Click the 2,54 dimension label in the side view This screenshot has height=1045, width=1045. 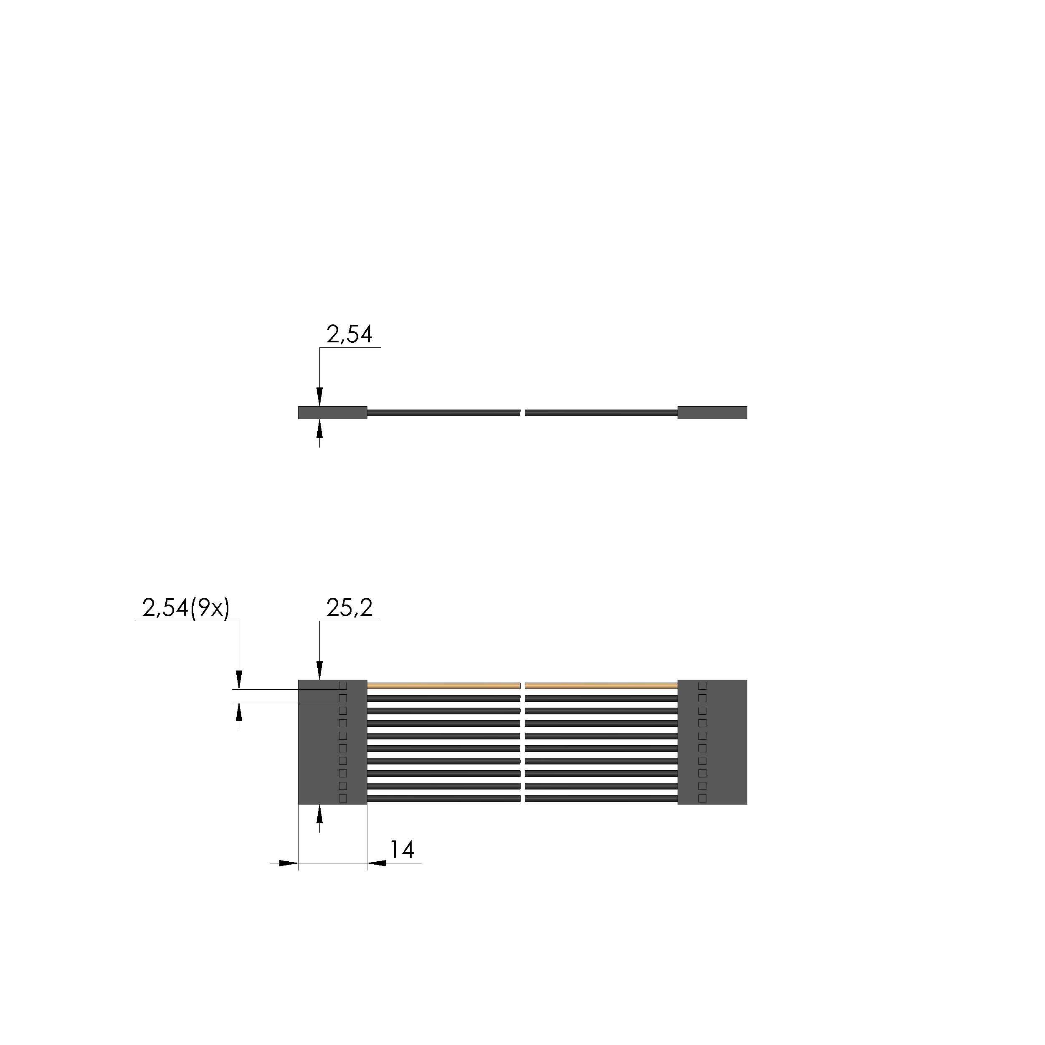(x=349, y=335)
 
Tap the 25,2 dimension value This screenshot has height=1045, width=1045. (x=349, y=608)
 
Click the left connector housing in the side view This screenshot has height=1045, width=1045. (x=332, y=413)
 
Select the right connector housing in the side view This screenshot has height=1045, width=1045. (x=712, y=413)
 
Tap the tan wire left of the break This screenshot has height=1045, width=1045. (x=443, y=686)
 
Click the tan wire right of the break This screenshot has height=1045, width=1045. (x=601, y=686)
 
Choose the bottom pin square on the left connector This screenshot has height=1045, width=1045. (x=342, y=798)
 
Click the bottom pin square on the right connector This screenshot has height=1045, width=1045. (x=702, y=798)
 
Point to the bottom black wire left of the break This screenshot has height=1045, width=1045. (x=443, y=798)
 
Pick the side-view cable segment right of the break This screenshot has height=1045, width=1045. (x=601, y=413)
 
